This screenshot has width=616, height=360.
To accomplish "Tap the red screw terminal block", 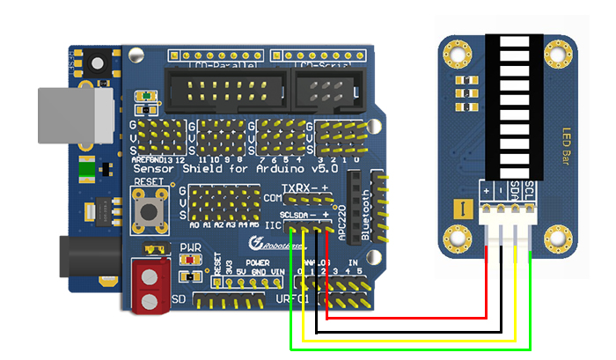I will (150, 286).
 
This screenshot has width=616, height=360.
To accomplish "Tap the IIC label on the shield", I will (271, 226).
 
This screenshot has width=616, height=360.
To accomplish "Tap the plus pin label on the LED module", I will (486, 189).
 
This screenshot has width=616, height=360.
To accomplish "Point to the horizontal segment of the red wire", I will (406, 317).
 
